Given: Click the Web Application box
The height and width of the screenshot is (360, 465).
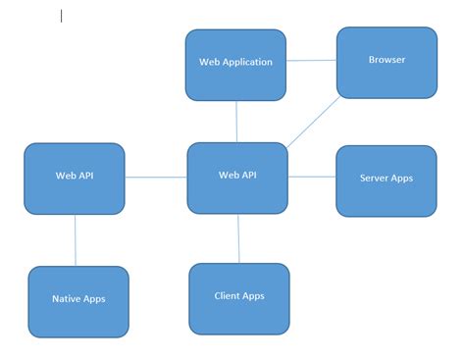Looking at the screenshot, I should tap(235, 65).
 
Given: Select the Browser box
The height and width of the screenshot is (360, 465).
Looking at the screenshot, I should tap(387, 62).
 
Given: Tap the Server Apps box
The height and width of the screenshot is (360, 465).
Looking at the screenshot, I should tap(387, 180).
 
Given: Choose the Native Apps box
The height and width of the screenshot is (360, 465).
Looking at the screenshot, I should tap(78, 301).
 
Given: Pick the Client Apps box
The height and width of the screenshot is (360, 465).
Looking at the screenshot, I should tap(239, 298).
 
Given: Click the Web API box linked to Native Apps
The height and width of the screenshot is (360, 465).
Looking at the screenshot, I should tap(75, 179).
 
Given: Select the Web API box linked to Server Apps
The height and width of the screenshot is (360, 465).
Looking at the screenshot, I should tap(237, 178).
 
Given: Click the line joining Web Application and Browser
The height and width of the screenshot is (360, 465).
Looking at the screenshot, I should tap(311, 61).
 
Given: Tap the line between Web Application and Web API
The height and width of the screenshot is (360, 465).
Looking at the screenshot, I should tap(236, 122).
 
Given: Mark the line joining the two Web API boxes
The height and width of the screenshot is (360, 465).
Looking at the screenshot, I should tap(156, 178).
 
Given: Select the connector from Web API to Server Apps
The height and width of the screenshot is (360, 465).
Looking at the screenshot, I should tap(312, 178).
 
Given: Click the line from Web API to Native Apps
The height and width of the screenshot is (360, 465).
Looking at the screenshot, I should tap(76, 240).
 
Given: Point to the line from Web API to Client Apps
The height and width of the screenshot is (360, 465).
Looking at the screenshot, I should tap(238, 238).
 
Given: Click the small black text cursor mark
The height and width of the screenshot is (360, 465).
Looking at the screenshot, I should tap(62, 16).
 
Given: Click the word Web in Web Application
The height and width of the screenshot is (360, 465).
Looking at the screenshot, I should tap(207, 62).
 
